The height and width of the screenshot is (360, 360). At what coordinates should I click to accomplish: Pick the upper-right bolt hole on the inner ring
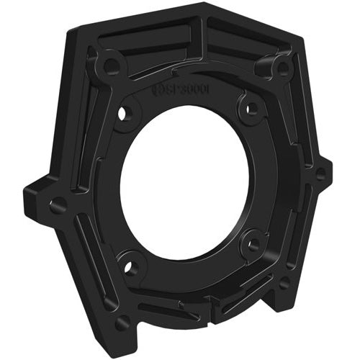point(251,109)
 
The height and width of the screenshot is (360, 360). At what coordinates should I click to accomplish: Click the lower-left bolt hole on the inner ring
point(131,268)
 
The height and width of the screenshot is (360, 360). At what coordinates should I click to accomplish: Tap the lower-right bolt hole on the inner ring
point(252,245)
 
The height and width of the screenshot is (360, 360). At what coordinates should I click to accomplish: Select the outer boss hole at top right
point(283,68)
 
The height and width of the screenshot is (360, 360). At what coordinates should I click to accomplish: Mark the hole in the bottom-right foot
point(285,282)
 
